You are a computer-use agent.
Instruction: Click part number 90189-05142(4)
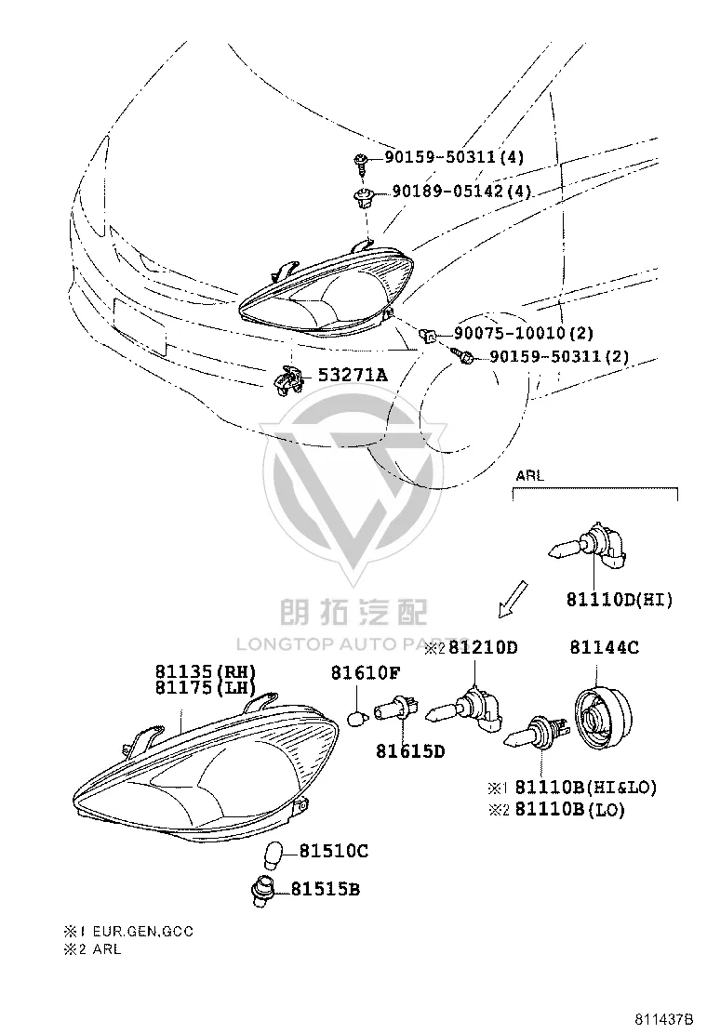coord(461,192)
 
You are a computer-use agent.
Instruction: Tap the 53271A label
coord(353,376)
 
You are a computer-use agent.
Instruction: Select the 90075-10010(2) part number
coord(524,334)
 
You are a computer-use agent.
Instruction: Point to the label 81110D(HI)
coord(620,600)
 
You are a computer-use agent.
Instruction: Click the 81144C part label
coord(605,647)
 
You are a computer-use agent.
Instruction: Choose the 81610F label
coord(366,672)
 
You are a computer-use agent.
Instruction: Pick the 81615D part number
coord(411,750)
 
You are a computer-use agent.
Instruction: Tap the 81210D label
coord(484,647)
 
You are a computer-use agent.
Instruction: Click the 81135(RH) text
coord(206,671)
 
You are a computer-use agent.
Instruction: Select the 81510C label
coord(334,852)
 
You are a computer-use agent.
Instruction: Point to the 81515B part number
coord(326,890)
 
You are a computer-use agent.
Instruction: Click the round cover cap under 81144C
coord(603,718)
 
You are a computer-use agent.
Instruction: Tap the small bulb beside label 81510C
coord(273,854)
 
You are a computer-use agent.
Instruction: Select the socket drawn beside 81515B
coord(263,890)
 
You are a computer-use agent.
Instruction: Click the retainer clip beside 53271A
coord(287,379)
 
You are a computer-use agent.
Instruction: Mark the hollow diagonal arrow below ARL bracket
coord(514,599)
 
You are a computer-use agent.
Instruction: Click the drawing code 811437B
coord(665,1019)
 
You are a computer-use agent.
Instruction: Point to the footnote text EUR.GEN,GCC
coord(143,932)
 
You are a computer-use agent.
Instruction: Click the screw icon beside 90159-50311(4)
coord(361,160)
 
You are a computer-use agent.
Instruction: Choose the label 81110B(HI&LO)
coord(586,787)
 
